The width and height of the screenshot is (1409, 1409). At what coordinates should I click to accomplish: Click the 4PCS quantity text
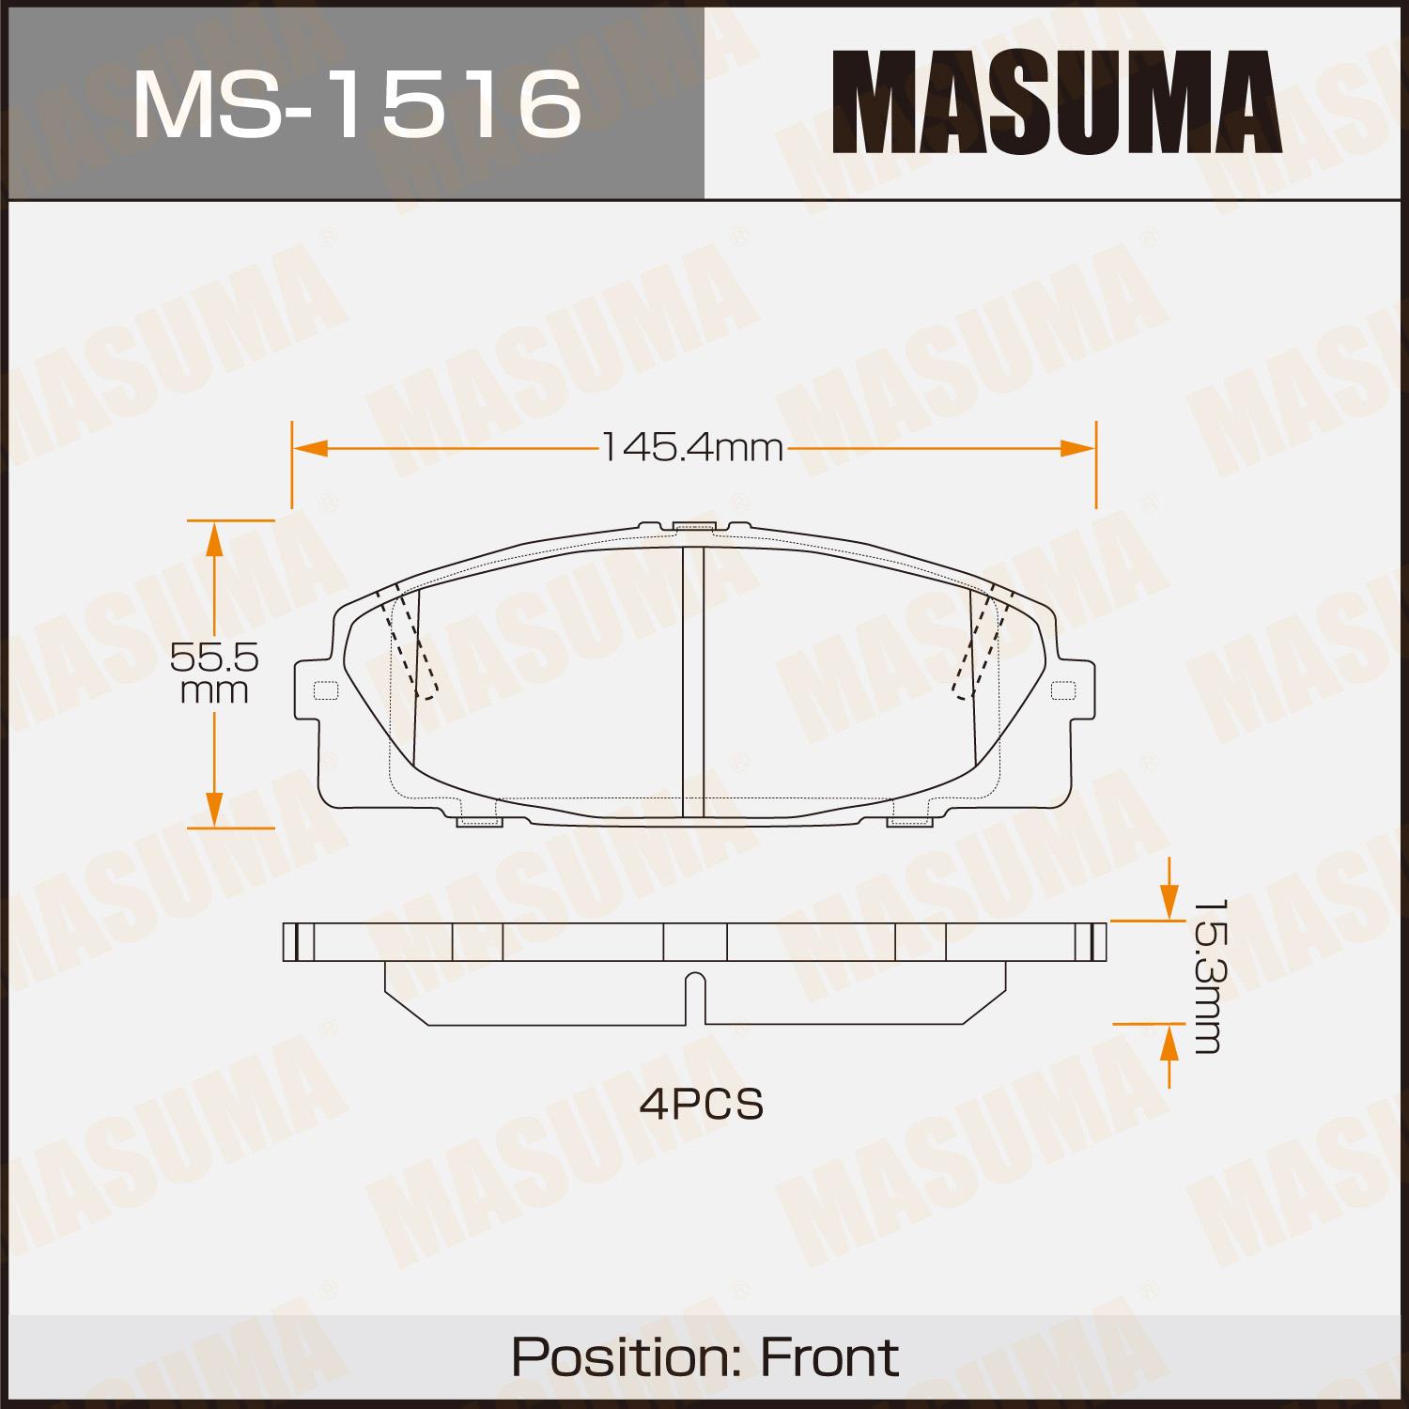tap(702, 1105)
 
